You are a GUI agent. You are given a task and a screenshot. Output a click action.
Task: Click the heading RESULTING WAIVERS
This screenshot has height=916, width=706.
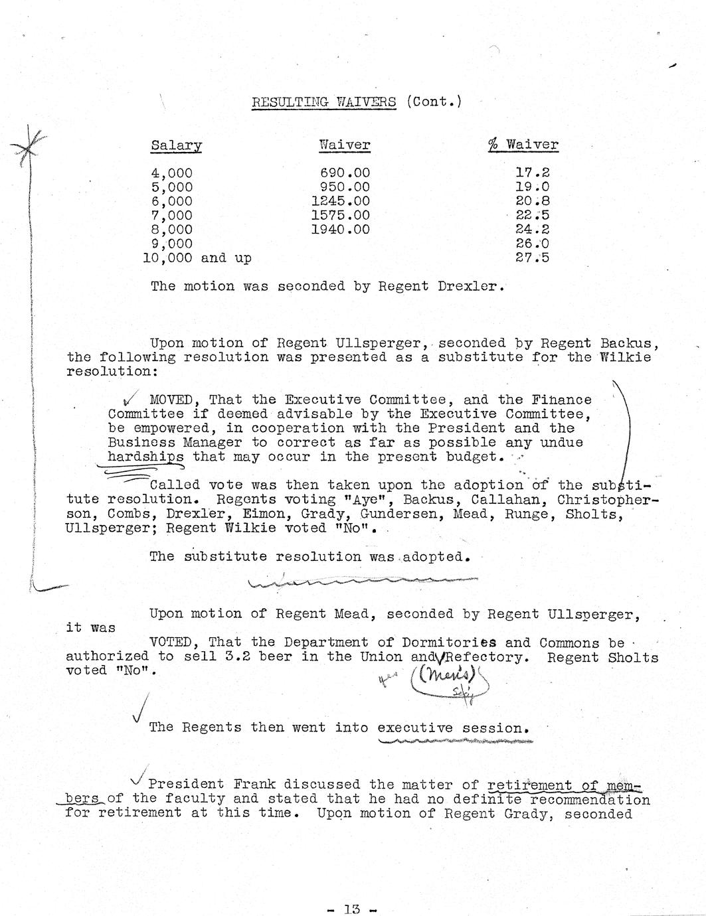tap(323, 102)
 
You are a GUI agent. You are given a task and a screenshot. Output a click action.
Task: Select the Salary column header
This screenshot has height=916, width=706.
tap(176, 145)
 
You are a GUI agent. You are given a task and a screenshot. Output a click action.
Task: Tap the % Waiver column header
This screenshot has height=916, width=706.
tap(523, 145)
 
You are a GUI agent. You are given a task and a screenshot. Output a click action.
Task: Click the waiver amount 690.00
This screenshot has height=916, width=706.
tap(345, 173)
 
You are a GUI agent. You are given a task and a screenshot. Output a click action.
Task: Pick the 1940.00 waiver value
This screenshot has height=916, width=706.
tap(340, 230)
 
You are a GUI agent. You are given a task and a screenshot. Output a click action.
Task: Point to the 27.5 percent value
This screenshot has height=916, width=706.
tap(533, 258)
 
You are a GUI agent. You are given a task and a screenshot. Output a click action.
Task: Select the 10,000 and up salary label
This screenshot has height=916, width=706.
tap(197, 258)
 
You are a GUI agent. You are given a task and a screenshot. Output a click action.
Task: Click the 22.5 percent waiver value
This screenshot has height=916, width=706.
tap(533, 215)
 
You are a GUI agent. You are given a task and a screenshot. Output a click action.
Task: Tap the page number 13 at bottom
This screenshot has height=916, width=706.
tap(352, 909)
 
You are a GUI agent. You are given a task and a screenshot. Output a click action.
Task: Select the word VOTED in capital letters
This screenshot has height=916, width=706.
tap(175, 643)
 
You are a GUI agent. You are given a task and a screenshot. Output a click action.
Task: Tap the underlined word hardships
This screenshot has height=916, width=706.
tap(145, 457)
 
